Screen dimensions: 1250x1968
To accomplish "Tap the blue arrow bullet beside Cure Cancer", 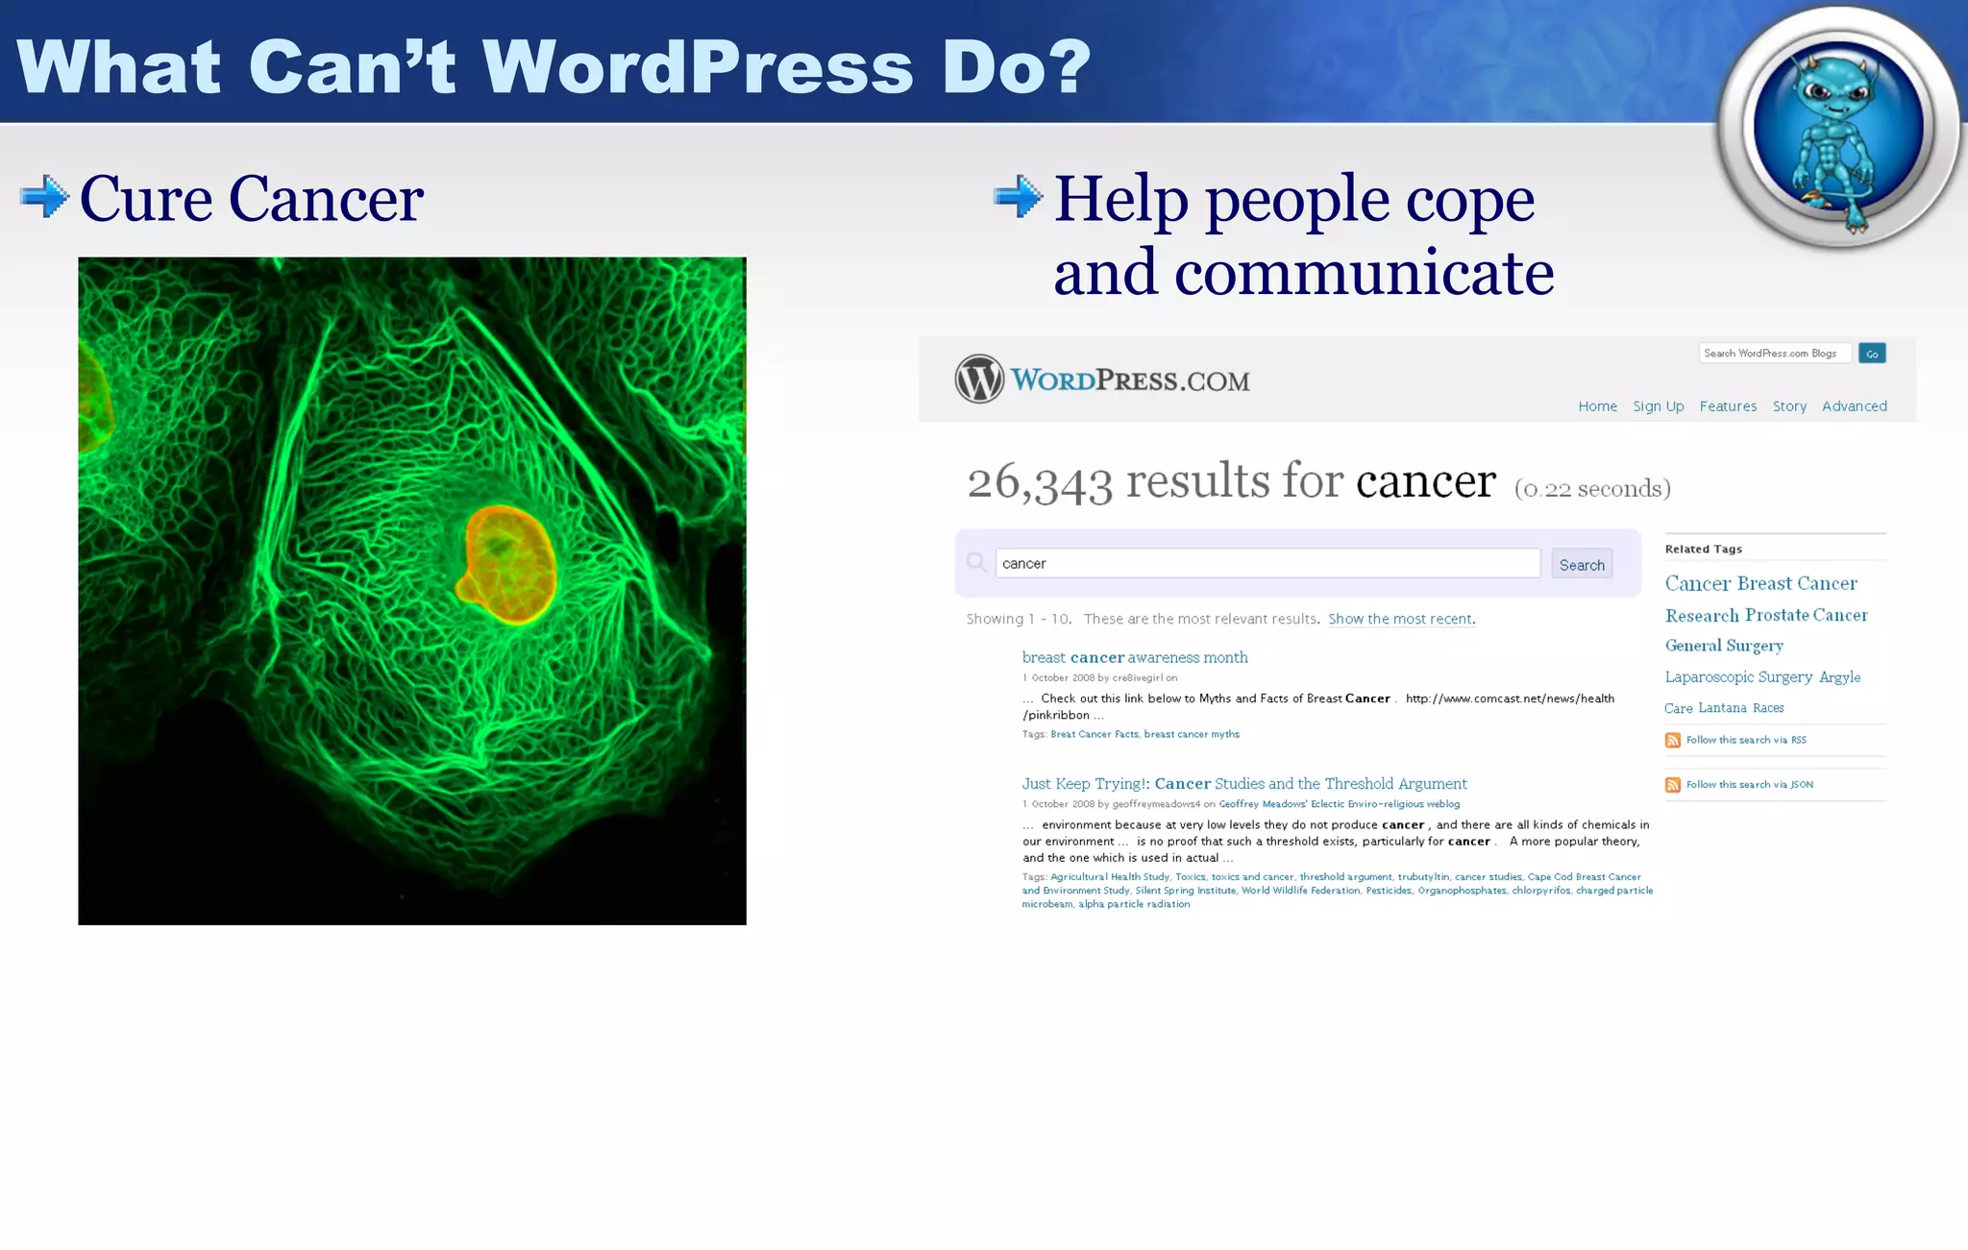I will pos(44,197).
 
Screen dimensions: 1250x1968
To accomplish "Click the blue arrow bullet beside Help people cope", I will pos(1018,197).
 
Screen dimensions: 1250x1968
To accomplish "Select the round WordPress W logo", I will pos(978,379).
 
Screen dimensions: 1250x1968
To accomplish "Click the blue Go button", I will pos(1871,354).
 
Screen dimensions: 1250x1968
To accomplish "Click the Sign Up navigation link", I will pos(1658,406).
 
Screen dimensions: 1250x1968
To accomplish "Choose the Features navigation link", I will pos(1727,406).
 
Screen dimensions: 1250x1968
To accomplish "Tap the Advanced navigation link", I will pos(1854,406).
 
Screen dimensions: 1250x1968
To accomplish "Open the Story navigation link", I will pos(1789,406).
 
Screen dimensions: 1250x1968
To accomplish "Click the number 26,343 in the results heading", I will pos(1039,482).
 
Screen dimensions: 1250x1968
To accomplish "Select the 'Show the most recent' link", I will pos(1399,619).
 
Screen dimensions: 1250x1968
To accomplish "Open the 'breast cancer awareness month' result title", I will pos(1134,657).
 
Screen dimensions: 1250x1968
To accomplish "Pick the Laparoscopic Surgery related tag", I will pos(1738,677).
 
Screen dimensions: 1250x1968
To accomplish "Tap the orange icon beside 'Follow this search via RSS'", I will pos(1672,740).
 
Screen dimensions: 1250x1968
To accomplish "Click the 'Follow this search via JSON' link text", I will pos(1749,785).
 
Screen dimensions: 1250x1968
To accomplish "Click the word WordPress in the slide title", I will pos(698,66).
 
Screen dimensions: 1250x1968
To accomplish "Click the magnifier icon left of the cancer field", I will pos(976,562).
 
